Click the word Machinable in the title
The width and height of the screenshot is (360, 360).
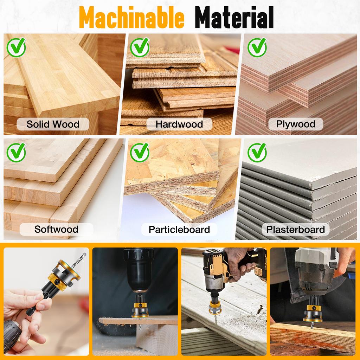131,18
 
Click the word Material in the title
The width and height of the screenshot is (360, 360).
234,18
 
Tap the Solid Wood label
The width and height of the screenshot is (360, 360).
53,124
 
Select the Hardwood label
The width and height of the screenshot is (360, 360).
179,124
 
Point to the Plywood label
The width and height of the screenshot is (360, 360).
296,124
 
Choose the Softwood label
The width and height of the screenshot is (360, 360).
56,229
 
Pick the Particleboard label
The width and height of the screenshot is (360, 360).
179,229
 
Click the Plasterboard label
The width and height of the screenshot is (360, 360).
295,229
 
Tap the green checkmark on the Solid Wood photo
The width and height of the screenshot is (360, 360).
16,47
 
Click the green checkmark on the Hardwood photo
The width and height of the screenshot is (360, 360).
140,47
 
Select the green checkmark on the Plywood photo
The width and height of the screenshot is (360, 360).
257,47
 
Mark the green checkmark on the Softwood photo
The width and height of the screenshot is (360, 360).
16,153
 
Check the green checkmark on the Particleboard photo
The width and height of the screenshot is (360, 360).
140,153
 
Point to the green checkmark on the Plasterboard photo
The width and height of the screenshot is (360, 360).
257,153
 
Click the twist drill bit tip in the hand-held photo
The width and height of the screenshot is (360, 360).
85,254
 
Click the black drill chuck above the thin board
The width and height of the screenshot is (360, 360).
139,270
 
